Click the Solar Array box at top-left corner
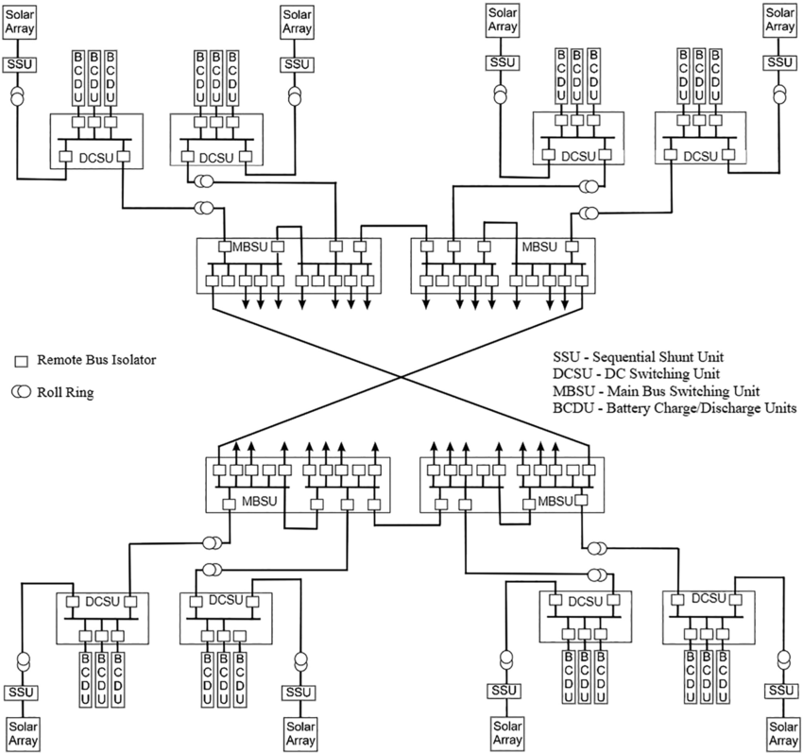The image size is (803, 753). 21,22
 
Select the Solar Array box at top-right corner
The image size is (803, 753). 779,22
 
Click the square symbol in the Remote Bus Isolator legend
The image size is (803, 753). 21,361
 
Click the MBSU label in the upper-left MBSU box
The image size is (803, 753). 251,247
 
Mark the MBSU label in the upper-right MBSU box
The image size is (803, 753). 539,247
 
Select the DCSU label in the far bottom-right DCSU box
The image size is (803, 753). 708,598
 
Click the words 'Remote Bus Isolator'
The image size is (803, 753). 96,360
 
